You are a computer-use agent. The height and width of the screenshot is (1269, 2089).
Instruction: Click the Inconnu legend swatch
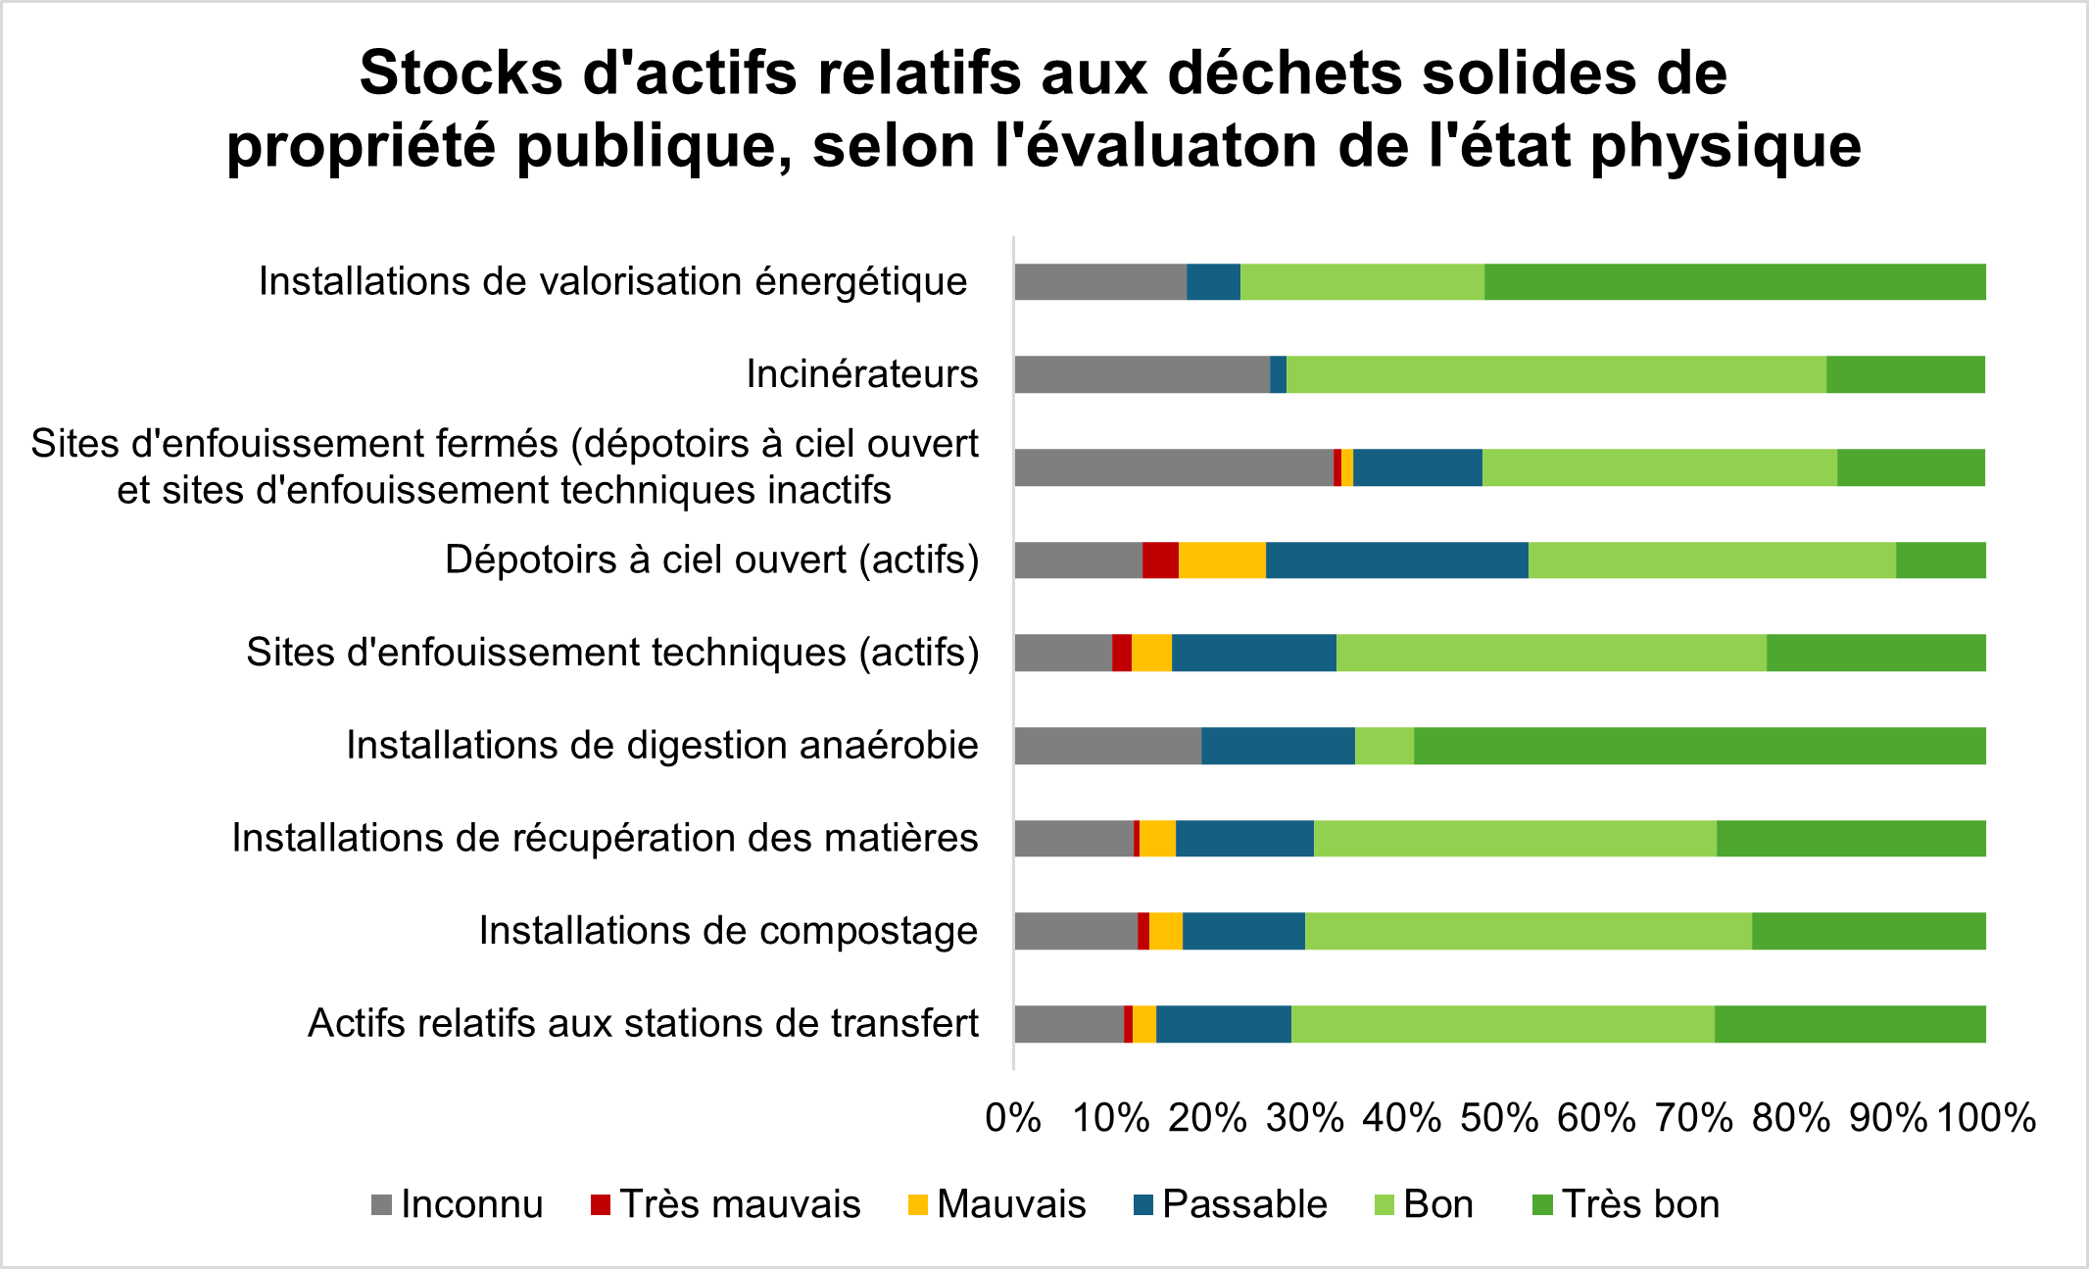381,1204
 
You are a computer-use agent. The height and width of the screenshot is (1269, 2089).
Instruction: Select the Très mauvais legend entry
740,1204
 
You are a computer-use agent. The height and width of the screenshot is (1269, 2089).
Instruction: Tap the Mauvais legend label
1011,1204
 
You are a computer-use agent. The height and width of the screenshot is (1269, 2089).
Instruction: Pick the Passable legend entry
1244,1204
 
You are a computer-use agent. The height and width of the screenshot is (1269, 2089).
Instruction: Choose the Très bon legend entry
1640,1204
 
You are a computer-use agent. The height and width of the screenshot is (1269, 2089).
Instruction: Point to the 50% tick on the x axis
1499,1118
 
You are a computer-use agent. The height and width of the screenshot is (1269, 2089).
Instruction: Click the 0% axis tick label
1013,1118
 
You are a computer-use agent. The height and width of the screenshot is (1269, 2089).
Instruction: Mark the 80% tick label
1791,1118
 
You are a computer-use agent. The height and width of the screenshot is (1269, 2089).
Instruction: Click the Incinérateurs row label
862,374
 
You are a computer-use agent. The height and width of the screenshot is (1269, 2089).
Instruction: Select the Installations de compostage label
728,931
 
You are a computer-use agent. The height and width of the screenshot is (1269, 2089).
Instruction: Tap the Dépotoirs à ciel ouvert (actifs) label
712,561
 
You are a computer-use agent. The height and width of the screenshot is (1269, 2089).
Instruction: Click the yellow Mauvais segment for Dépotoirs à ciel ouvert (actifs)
1222,561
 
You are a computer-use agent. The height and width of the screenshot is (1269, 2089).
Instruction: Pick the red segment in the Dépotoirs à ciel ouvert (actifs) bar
1160,561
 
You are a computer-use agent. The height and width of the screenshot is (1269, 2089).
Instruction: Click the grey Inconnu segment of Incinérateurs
1142,374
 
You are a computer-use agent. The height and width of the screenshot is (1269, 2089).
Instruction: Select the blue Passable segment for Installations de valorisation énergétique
1213,282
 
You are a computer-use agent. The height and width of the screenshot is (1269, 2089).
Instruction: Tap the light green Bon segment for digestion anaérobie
1385,746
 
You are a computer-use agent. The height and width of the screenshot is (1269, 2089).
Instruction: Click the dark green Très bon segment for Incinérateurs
1905,374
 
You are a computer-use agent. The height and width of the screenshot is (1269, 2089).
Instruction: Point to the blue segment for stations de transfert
1223,1024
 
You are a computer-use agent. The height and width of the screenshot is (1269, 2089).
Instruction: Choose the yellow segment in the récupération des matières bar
1157,839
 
